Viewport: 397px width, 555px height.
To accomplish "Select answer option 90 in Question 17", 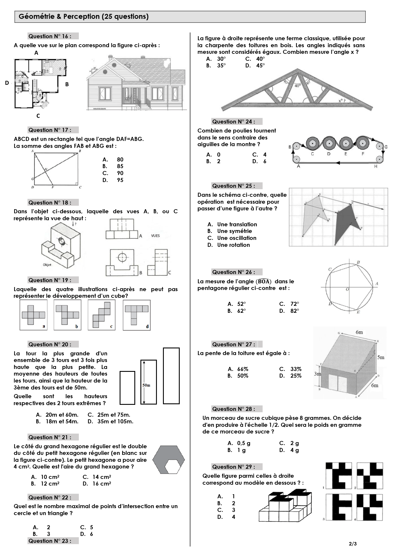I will click(120, 173).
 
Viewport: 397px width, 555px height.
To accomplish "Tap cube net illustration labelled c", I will click(101, 315).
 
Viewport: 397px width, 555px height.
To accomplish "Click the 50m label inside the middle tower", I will click(146, 385).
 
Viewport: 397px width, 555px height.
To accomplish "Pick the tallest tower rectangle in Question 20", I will click(171, 376).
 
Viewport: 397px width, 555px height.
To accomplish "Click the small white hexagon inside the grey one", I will click(172, 466).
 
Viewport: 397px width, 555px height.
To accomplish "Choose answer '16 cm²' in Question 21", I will click(101, 484).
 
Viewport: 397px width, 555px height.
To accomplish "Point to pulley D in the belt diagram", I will click(329, 143).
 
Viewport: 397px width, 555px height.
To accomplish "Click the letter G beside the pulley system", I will click(386, 147).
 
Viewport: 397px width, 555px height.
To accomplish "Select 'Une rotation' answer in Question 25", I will click(233, 245).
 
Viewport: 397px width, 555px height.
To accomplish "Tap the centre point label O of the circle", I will click(347, 289).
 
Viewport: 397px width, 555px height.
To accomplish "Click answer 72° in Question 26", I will click(294, 304).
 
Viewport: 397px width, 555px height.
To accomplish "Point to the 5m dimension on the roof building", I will click(381, 357).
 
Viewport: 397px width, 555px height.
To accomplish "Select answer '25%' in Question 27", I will click(296, 376).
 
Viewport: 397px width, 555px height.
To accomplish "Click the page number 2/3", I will click(353, 544).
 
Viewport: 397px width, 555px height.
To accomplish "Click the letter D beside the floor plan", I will click(7, 83).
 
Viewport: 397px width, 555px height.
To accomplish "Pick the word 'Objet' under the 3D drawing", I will click(47, 265).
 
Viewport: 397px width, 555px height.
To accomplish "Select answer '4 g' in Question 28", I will click(294, 450).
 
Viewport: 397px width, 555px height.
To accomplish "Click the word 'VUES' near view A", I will click(155, 236).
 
